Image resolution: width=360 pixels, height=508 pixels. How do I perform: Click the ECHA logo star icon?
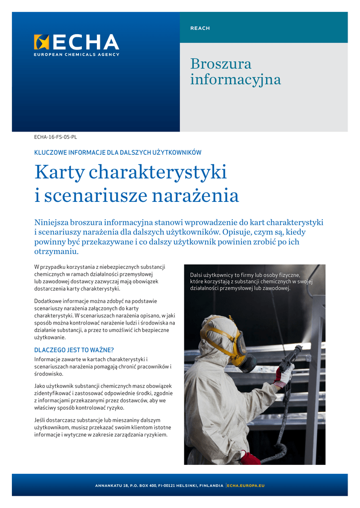(41, 42)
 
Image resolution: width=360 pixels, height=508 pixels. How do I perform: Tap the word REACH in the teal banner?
(200, 28)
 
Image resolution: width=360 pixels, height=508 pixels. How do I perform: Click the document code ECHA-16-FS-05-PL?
(56, 136)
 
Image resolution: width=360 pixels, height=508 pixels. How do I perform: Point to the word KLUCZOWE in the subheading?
(50, 153)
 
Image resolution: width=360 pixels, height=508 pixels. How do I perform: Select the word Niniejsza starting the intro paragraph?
(51, 222)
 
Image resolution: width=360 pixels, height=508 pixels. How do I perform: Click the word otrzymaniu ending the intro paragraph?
(57, 252)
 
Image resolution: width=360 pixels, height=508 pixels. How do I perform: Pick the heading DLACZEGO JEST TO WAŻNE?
(73, 350)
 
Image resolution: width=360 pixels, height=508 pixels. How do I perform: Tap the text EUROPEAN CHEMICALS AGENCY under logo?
(76, 55)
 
